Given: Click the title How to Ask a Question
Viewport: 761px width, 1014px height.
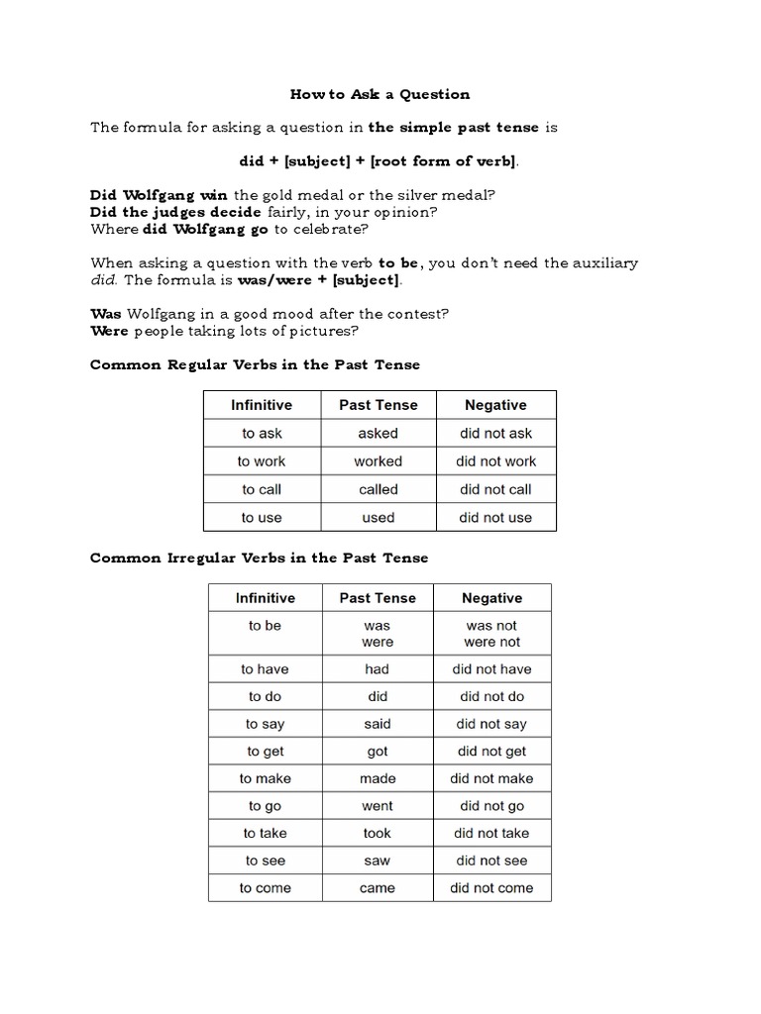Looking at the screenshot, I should coord(380,95).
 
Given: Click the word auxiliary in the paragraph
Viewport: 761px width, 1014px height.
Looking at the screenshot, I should coord(603,262).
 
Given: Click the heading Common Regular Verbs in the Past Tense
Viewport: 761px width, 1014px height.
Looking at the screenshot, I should coord(255,364).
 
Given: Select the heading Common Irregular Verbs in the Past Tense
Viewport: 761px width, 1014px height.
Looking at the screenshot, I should coord(259,558).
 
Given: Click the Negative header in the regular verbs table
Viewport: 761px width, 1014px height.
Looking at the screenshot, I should coord(495,405).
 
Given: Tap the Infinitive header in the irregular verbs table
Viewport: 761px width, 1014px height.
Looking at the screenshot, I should coord(266,598).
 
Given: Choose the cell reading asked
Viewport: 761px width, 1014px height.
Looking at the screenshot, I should coord(378,433).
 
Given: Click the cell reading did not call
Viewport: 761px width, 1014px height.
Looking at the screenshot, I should coord(495,489).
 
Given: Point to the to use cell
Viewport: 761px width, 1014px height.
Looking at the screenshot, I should coord(262,517).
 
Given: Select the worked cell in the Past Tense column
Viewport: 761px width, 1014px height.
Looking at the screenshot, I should coord(378,461).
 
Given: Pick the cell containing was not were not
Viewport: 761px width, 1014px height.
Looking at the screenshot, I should coord(492,634).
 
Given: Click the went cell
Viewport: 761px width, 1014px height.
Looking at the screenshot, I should coord(378,806).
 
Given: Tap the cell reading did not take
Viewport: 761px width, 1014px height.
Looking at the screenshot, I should coord(491,833).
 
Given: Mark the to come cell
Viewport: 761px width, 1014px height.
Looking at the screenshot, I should coord(266,888).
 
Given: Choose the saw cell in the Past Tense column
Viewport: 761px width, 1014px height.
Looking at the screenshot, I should coord(378,861).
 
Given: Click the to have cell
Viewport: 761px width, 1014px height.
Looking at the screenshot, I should coord(266,669).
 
